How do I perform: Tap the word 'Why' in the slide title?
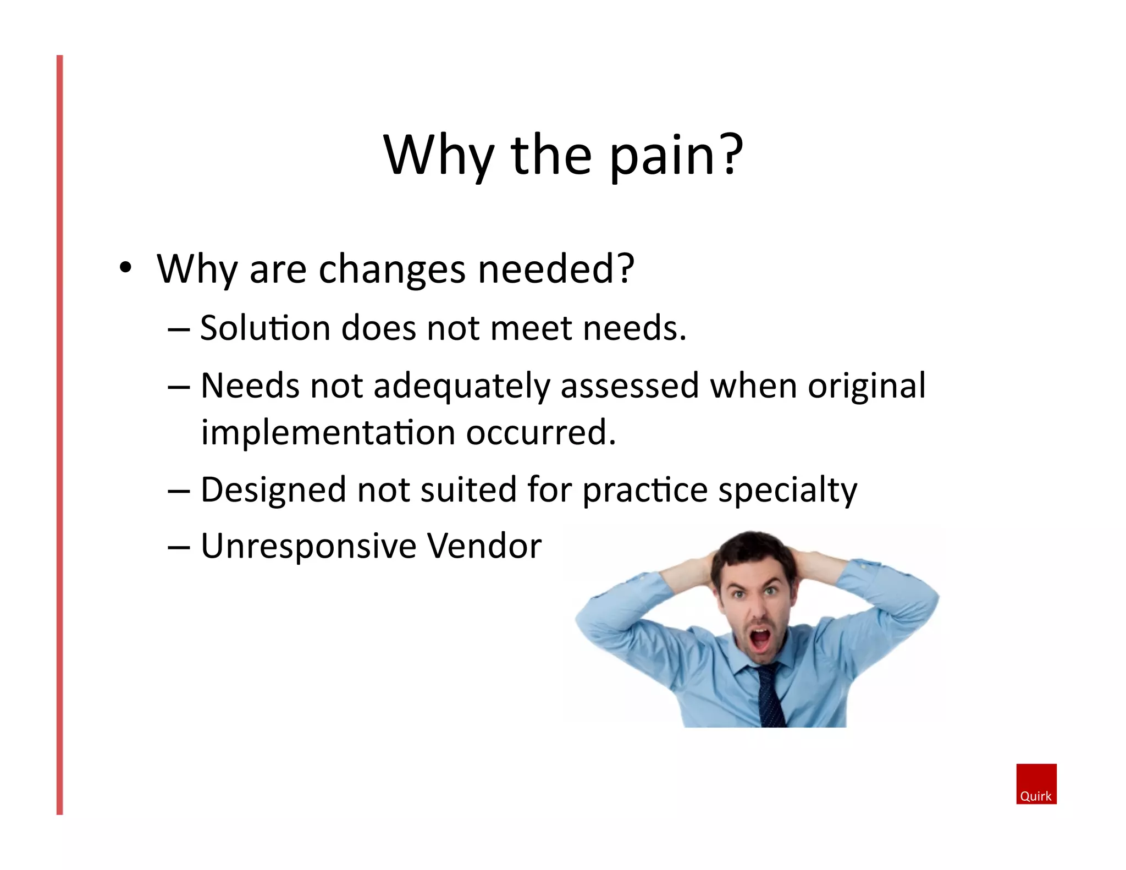click(x=438, y=157)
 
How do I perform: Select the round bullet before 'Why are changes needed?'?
click(x=126, y=268)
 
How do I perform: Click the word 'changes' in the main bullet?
click(x=392, y=270)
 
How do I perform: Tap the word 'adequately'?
click(x=461, y=387)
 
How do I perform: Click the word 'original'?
click(x=866, y=387)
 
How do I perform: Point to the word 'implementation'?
click(x=328, y=433)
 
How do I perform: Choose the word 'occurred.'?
click(x=541, y=433)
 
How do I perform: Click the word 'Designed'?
click(x=273, y=491)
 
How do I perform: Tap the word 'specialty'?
click(x=787, y=491)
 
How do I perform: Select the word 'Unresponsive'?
click(x=308, y=547)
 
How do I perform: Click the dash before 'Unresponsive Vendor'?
click(x=179, y=548)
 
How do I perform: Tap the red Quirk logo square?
click(x=1036, y=784)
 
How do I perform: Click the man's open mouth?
click(x=760, y=639)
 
